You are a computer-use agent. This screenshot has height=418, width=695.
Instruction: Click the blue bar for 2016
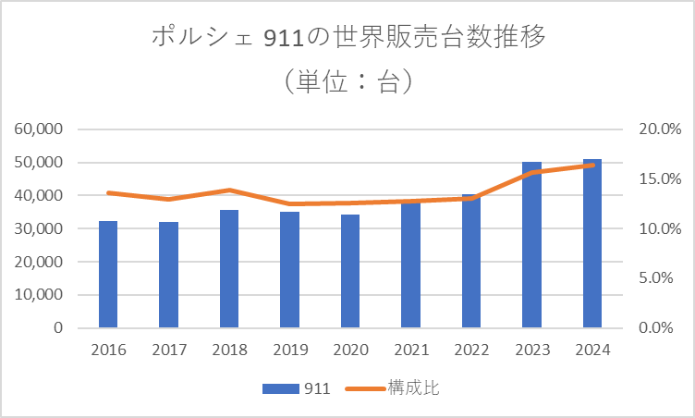click(108, 275)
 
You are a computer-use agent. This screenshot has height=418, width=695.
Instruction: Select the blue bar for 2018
click(229, 269)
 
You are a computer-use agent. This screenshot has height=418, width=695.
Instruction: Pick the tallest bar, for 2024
click(592, 243)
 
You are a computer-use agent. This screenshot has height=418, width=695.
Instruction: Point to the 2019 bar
click(289, 270)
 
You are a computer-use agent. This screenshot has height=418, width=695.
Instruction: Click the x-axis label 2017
click(168, 350)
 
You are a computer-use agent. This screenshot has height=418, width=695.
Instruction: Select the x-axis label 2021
click(410, 350)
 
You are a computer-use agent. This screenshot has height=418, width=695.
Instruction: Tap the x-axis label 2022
click(471, 350)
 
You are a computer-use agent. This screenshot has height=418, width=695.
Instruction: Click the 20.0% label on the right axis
click(660, 129)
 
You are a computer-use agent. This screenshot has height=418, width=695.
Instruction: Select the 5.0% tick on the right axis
click(660, 278)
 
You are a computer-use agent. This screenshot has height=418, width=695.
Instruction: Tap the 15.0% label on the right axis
click(660, 179)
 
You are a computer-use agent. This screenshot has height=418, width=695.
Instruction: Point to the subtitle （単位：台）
click(347, 81)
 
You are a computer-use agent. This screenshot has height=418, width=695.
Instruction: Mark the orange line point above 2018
click(229, 190)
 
